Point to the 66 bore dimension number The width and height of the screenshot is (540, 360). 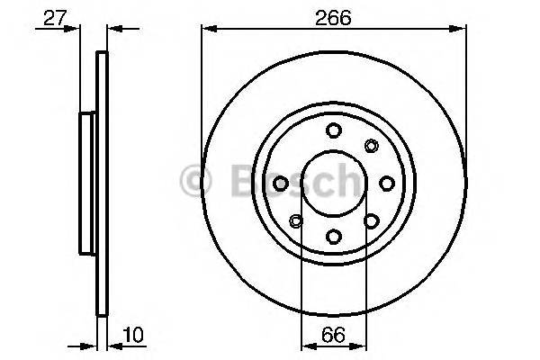click(334, 337)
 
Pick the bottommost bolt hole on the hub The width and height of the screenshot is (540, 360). click(334, 237)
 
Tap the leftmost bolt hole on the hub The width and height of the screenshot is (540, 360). click(281, 184)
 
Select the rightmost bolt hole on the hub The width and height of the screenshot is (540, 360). click(387, 184)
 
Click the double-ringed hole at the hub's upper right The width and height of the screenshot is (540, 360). click(372, 146)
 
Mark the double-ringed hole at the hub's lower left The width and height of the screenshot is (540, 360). click(296, 221)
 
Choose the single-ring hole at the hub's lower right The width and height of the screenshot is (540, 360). click(372, 221)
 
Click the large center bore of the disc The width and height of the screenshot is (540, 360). click(334, 184)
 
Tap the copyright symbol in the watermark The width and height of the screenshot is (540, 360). click(195, 182)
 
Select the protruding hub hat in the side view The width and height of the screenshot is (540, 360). click(87, 183)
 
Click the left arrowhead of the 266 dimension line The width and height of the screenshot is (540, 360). click(206, 29)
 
